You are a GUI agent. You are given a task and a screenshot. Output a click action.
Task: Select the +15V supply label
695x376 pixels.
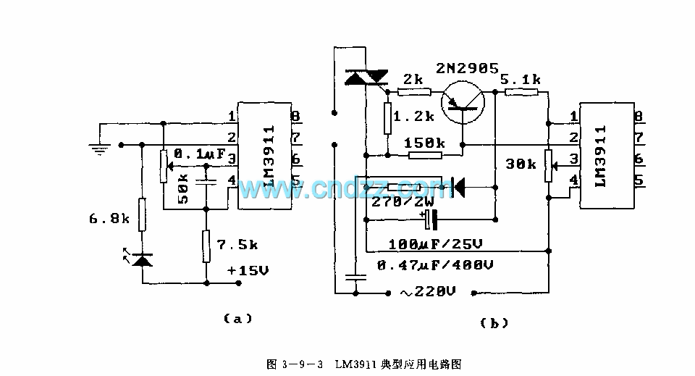point(247,270)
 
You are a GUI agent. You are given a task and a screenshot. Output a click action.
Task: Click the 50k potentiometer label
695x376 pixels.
point(183,188)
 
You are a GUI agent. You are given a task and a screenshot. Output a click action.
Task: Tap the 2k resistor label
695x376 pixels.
point(414,80)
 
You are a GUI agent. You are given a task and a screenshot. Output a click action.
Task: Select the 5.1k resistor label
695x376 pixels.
point(520,80)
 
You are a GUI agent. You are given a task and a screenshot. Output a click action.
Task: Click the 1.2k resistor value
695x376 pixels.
point(413,116)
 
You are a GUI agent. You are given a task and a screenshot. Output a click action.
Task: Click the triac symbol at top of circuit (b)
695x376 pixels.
point(366,78)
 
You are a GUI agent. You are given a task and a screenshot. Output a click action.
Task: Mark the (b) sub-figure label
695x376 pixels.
point(494,324)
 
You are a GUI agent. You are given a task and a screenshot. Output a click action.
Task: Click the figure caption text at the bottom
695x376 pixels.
point(369,363)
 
